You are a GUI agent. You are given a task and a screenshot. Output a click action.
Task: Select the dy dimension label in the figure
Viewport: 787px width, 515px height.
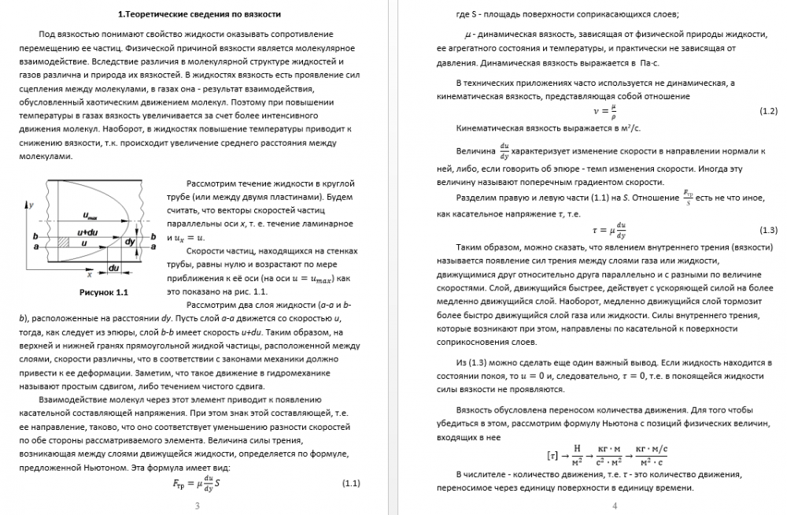click(x=129, y=241)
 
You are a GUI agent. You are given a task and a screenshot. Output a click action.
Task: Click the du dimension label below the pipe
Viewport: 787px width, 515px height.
click(x=113, y=269)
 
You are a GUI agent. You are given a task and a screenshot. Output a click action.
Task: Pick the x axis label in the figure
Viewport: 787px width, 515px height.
click(x=90, y=276)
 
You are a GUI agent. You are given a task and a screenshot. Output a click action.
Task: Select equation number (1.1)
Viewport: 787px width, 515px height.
click(x=351, y=483)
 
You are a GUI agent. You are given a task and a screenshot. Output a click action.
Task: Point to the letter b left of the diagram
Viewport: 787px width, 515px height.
click(x=35, y=236)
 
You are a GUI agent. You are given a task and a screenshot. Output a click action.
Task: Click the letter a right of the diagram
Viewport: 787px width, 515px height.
click(x=153, y=246)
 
